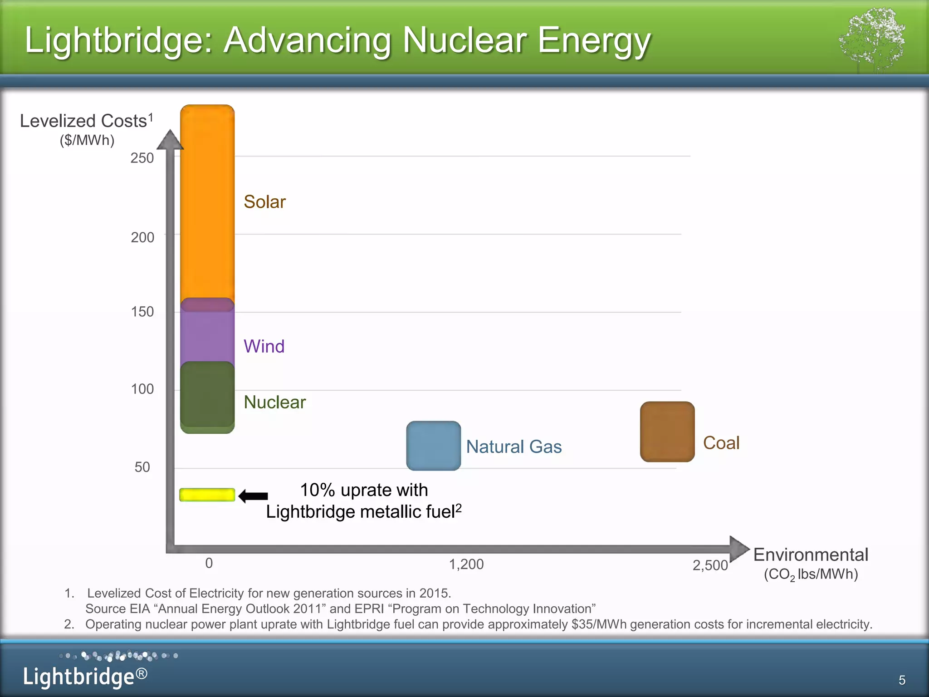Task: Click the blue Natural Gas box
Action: tap(433, 446)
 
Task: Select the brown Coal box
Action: tap(667, 432)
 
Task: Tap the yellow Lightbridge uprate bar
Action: tap(207, 495)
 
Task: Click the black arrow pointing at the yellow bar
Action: tap(253, 496)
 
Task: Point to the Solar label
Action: tap(264, 202)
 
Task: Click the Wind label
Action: tap(264, 346)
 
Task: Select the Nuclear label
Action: tap(274, 402)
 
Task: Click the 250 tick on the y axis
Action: tap(142, 158)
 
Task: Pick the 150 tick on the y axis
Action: tap(142, 312)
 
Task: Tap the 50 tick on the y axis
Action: tap(142, 467)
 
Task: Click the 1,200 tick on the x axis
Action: tap(466, 564)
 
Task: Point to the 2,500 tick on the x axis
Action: tap(710, 565)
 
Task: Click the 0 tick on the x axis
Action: tap(209, 563)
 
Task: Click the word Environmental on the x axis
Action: tap(811, 555)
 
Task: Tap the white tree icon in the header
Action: tap(872, 40)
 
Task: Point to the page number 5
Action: tap(902, 680)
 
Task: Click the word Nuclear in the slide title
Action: tap(465, 40)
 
